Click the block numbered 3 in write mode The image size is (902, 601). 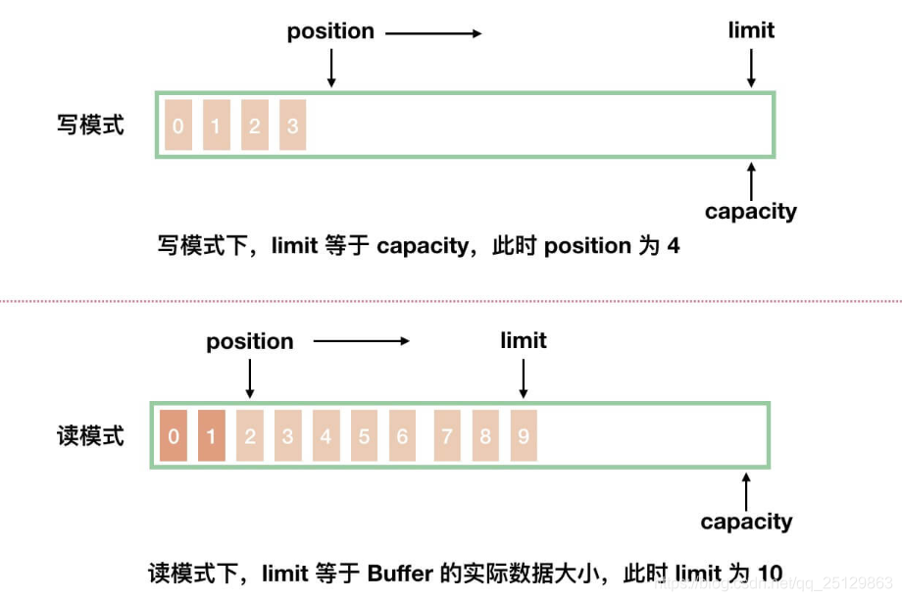pos(292,125)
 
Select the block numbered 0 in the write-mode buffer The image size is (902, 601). pos(178,125)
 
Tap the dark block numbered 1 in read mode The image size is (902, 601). pos(212,435)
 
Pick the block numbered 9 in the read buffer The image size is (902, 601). pos(524,435)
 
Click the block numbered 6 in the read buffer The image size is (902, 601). pos(402,435)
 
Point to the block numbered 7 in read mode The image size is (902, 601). pos(448,435)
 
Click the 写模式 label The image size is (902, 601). pos(90,125)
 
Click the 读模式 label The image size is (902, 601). pos(90,436)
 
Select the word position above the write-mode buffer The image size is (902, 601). pos(330,31)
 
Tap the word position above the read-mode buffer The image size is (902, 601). pos(249,341)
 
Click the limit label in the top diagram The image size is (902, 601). pos(751,30)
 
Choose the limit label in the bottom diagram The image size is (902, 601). pos(524,340)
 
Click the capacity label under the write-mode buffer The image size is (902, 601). pos(751,211)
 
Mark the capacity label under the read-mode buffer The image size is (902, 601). pos(746,522)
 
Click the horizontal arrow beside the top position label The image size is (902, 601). pos(433,33)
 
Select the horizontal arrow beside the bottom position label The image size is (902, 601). pos(361,341)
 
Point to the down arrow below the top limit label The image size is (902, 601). pos(751,68)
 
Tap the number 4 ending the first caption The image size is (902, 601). pos(674,246)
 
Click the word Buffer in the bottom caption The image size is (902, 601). pos(400,574)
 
